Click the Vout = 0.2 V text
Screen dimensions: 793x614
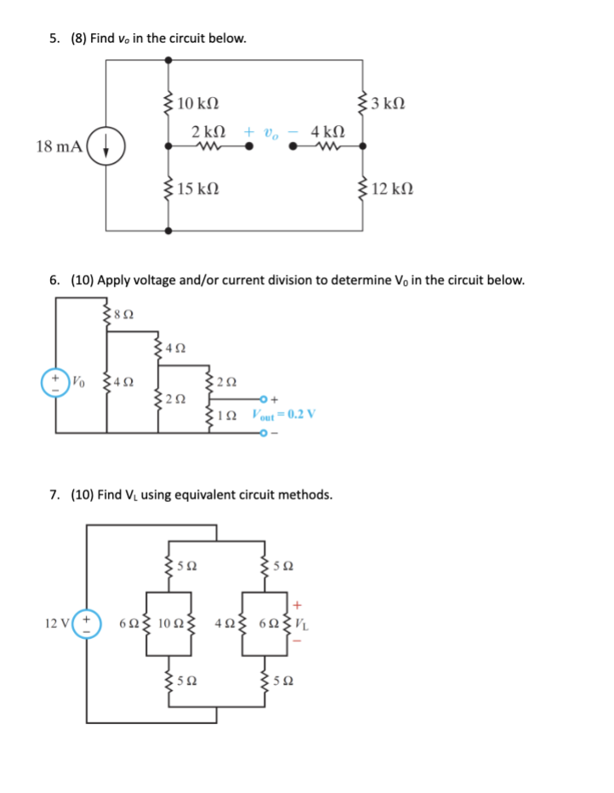[x=283, y=414]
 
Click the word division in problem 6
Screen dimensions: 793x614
[x=299, y=280]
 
